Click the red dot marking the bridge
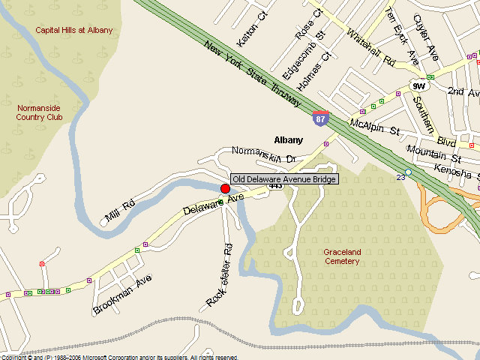tap(225, 188)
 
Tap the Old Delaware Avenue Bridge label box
tap(285, 179)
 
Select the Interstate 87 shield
tap(320, 118)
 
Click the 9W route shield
tap(418, 86)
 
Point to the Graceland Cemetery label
tap(341, 256)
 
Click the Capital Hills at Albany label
tap(74, 30)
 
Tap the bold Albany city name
tap(289, 140)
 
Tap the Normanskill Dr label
tap(265, 155)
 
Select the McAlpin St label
tap(375, 127)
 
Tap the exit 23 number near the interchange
tap(400, 176)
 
